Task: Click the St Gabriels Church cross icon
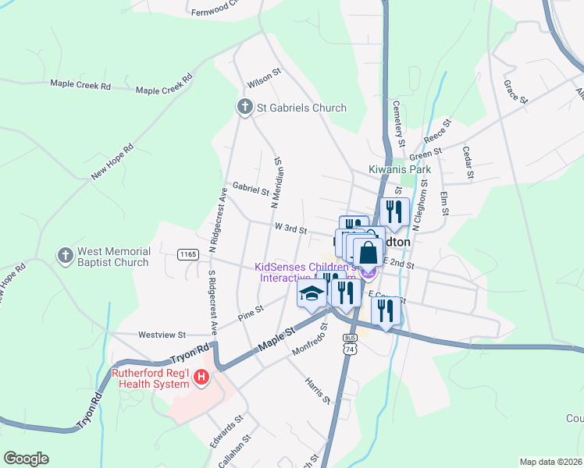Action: tap(244, 108)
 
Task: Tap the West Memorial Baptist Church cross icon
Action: tap(65, 255)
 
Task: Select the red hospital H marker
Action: tap(201, 378)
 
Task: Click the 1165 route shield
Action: tap(187, 254)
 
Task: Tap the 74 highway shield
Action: tap(351, 350)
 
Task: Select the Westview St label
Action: tap(162, 335)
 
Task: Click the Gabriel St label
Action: tap(251, 188)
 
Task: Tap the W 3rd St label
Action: tap(290, 228)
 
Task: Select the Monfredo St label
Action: tap(308, 344)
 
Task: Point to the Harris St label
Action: tap(318, 391)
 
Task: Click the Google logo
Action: tap(26, 459)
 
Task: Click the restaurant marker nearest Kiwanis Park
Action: tap(393, 211)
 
